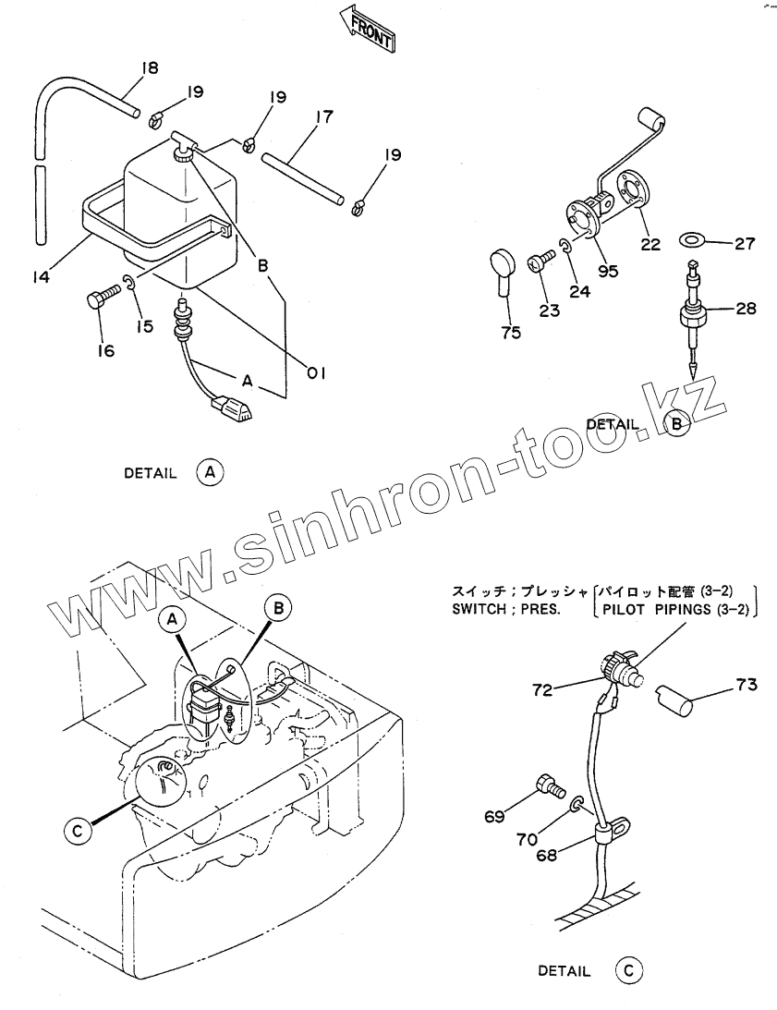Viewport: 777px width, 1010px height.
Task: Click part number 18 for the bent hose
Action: [150, 67]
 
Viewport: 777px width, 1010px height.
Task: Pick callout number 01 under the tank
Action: [318, 372]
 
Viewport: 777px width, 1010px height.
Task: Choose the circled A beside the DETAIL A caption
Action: [211, 472]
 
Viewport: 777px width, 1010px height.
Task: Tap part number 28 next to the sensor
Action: [747, 308]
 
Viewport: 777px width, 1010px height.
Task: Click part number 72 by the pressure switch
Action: [543, 689]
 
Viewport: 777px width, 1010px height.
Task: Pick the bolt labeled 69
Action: [551, 787]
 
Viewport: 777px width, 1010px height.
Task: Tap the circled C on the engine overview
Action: [79, 831]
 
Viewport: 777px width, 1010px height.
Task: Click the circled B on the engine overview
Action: [279, 607]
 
